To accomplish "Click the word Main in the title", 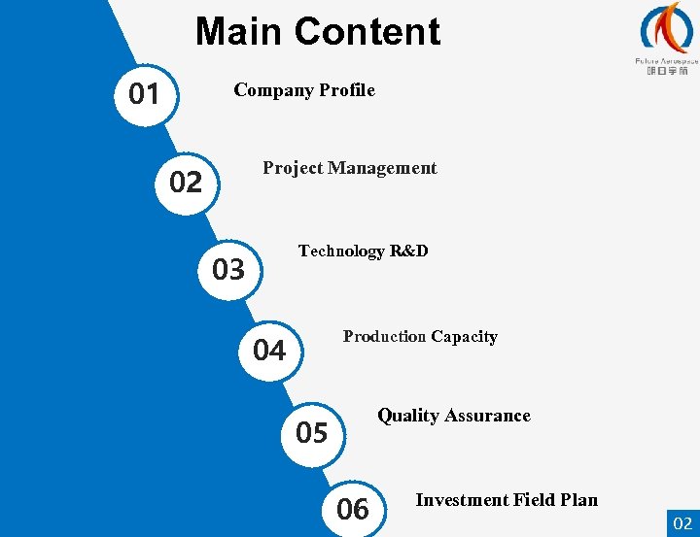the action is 234,32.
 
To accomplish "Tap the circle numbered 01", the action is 145,94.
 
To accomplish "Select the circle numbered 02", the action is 186,182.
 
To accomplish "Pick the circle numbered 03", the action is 228,269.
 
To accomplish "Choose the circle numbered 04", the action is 269,350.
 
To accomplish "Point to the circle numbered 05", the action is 312,432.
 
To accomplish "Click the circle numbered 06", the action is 353,507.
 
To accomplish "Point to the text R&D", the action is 409,251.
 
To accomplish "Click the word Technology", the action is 341,252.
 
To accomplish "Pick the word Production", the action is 384,337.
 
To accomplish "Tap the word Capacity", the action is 464,337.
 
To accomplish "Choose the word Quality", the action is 408,416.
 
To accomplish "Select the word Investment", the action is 463,500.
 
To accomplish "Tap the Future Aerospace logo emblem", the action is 667,28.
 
